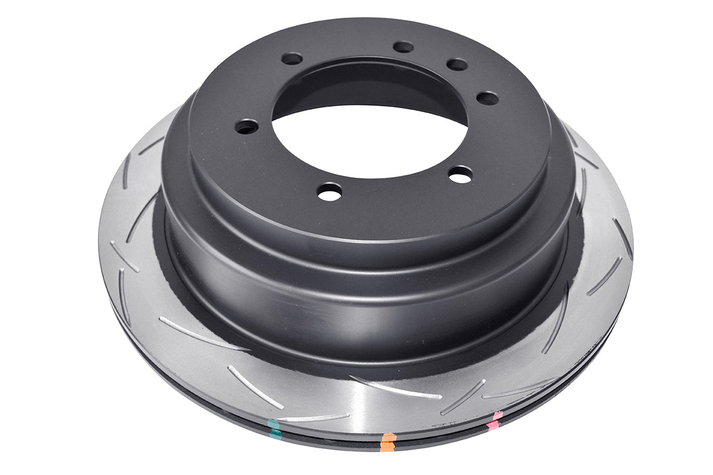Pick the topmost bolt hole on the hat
[403, 47]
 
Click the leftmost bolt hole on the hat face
[247, 126]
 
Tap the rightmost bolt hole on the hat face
[487, 98]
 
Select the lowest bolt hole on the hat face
[329, 191]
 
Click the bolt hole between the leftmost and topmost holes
[292, 59]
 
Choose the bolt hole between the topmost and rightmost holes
[456, 65]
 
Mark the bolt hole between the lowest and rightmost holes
[460, 174]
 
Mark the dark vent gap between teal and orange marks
[329, 437]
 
